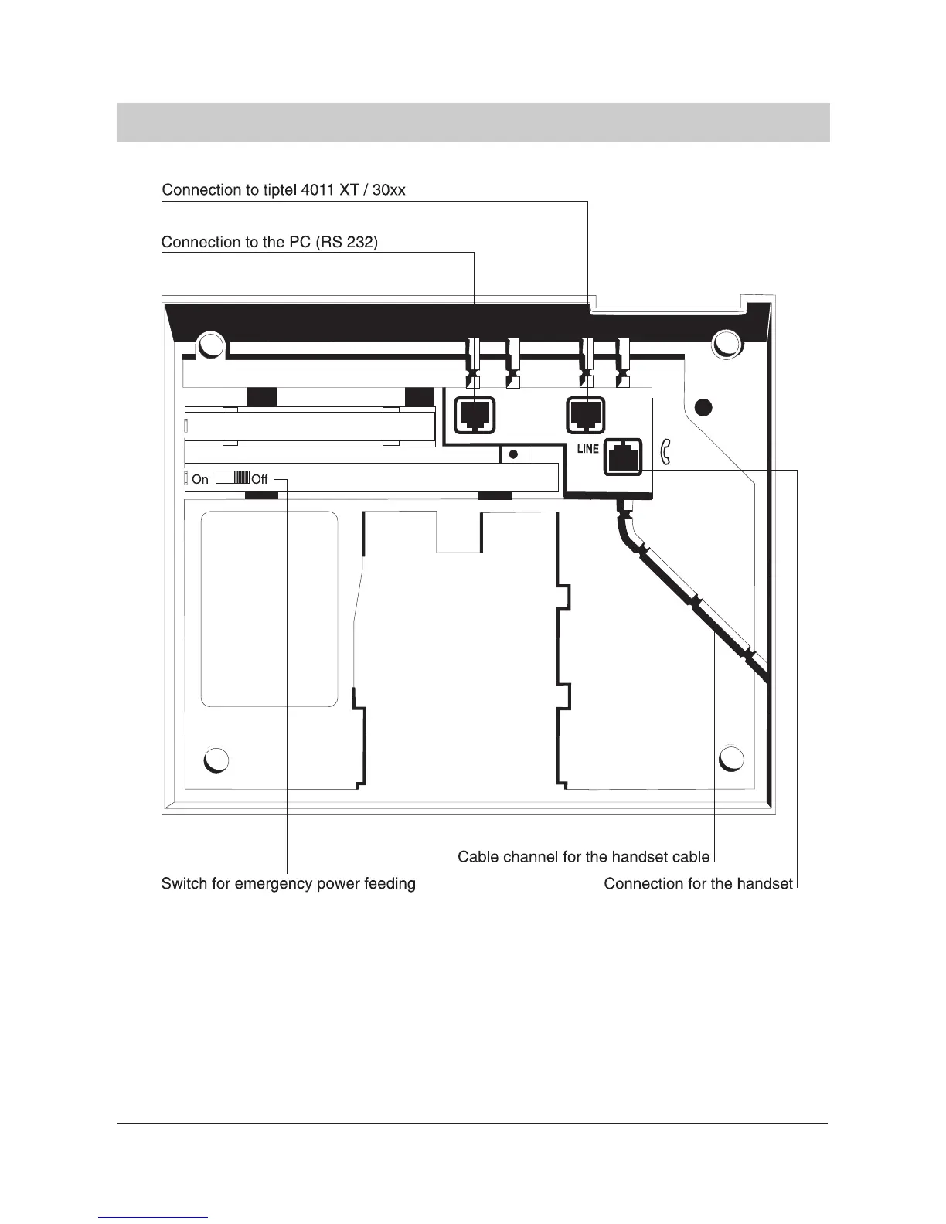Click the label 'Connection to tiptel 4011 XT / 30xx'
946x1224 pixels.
[283, 190]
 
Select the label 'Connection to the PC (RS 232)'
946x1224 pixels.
[269, 243]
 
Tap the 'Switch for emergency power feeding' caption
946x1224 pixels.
[288, 883]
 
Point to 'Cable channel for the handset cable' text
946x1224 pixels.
[584, 857]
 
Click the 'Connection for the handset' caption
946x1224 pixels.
[698, 883]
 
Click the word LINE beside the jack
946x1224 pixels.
[587, 449]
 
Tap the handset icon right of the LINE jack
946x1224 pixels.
[665, 453]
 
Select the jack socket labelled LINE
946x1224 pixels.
[623, 455]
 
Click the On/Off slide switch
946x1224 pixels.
[232, 478]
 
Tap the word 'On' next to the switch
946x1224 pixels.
[200, 480]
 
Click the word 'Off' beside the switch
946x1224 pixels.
[260, 480]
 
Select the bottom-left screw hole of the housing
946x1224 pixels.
[217, 760]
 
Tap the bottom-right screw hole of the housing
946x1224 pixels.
[731, 759]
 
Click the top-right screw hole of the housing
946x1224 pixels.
[727, 343]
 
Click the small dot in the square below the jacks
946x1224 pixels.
[513, 454]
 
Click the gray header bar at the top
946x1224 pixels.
[473, 122]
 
